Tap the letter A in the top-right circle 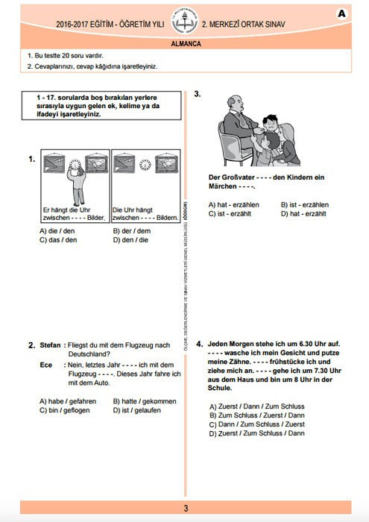pyautogui.click(x=342, y=13)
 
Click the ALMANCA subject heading pyautogui.click(x=185, y=44)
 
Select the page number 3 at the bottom pyautogui.click(x=185, y=509)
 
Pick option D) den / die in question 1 pyautogui.click(x=130, y=240)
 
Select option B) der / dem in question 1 pyautogui.click(x=131, y=231)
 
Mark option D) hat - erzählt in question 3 pyautogui.click(x=303, y=213)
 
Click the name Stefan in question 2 pyautogui.click(x=50, y=345)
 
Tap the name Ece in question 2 pyautogui.click(x=45, y=365)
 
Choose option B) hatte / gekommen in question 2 pyautogui.click(x=145, y=401)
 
